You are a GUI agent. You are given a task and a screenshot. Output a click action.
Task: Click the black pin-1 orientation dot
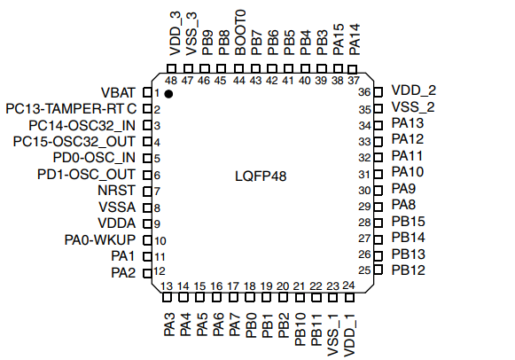pyautogui.click(x=168, y=94)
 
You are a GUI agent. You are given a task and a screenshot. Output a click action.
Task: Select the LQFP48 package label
pyautogui.click(x=261, y=176)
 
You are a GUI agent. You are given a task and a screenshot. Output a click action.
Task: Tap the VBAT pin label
pyautogui.click(x=118, y=92)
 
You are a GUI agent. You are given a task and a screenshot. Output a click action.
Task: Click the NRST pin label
pyautogui.click(x=117, y=191)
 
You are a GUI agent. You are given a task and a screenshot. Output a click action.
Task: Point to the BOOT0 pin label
pyautogui.click(x=240, y=32)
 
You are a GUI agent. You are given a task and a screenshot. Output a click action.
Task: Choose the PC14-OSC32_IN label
pyautogui.click(x=82, y=126)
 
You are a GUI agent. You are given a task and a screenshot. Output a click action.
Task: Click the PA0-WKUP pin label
pyautogui.click(x=100, y=239)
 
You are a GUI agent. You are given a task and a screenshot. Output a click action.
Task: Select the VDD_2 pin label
pyautogui.click(x=414, y=90)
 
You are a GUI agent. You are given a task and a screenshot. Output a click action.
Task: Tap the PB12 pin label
pyautogui.click(x=409, y=270)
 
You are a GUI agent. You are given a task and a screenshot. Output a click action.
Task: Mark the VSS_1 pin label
pyautogui.click(x=332, y=335)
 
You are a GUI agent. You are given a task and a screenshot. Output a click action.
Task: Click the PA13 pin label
pyautogui.click(x=408, y=123)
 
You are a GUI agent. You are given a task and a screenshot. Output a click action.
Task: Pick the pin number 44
pyautogui.click(x=239, y=81)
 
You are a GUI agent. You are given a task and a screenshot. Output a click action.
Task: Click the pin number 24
pyautogui.click(x=348, y=286)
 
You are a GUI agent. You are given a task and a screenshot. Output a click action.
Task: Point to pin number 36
pyautogui.click(x=364, y=92)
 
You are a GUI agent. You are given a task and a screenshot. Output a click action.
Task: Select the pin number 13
pyautogui.click(x=167, y=286)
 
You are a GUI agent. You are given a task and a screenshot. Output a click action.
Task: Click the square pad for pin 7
pyautogui.click(x=147, y=192)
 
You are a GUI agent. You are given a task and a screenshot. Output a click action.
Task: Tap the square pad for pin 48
pyautogui.click(x=171, y=69)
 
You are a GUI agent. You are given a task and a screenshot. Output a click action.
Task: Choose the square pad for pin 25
pyautogui.click(x=378, y=270)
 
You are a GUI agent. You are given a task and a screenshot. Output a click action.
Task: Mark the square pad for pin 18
pyautogui.click(x=250, y=297)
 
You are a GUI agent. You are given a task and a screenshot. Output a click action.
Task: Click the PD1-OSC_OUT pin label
pyautogui.click(x=86, y=175)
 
